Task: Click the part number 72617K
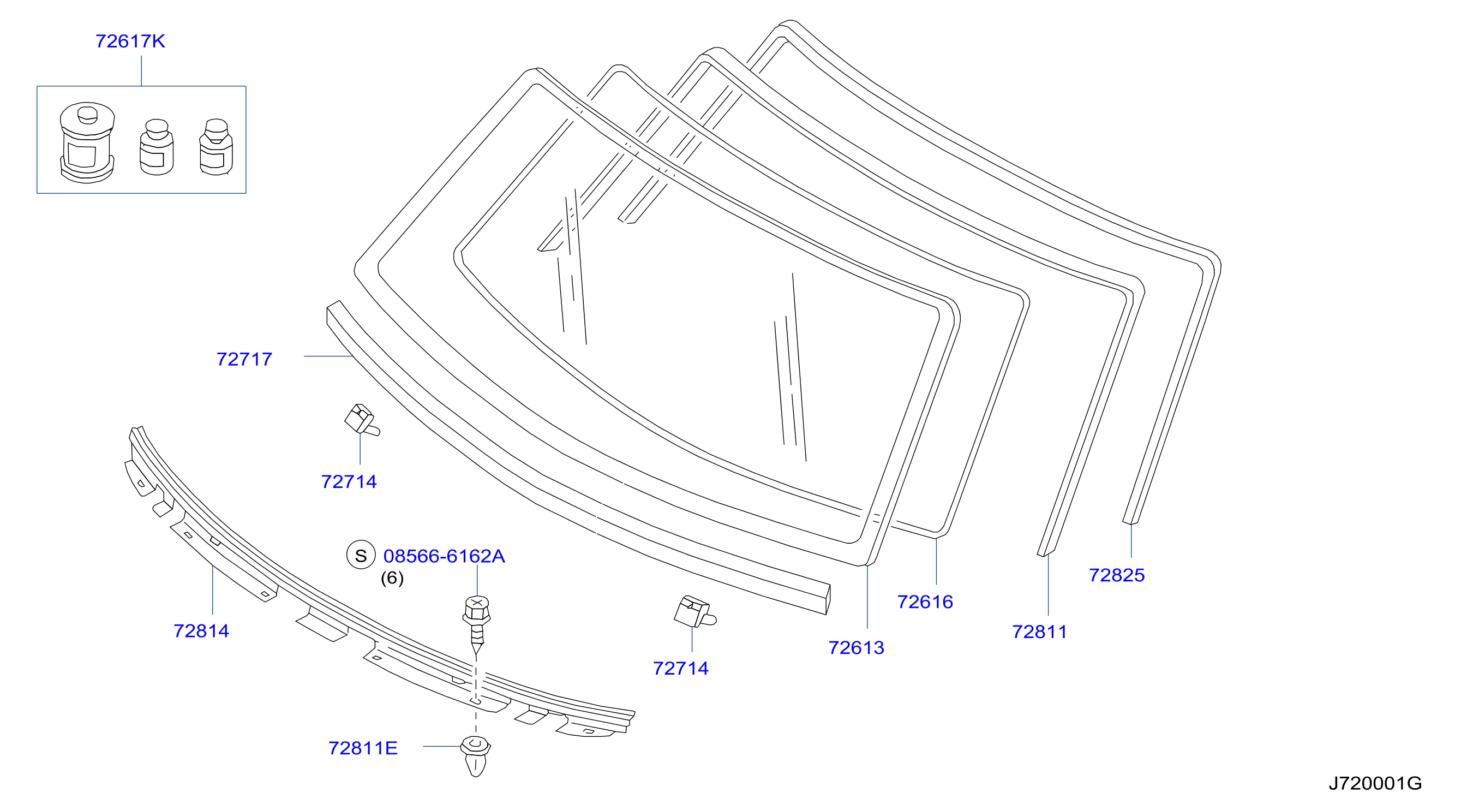click(130, 41)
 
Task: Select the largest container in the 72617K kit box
click(87, 142)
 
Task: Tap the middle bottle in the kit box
click(157, 147)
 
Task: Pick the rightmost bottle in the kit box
click(217, 147)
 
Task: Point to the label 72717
click(244, 360)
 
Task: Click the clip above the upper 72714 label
click(361, 420)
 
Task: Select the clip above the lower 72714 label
click(694, 612)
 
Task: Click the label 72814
click(201, 632)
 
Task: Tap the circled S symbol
click(361, 556)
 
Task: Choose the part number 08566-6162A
click(445, 556)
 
